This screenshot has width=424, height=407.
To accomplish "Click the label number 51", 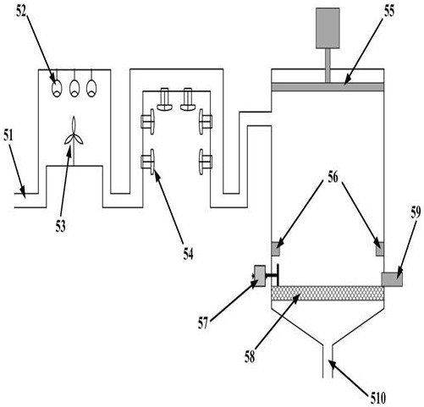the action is [x=8, y=135].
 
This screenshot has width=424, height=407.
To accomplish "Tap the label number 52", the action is [x=21, y=11].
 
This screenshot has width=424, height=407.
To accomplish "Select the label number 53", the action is [x=60, y=226].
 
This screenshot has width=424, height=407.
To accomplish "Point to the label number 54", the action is [x=189, y=254].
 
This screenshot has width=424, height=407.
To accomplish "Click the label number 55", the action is [x=388, y=11].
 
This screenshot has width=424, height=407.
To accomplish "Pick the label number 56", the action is [x=333, y=177].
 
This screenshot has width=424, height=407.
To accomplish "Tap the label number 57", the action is [x=203, y=323].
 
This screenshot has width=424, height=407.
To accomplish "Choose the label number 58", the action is [x=250, y=356].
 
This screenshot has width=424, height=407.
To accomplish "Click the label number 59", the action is [x=416, y=212].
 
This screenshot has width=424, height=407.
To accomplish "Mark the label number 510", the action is [x=378, y=399].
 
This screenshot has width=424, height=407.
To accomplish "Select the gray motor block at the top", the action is [x=328, y=28].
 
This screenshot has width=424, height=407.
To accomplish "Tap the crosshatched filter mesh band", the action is [x=328, y=293].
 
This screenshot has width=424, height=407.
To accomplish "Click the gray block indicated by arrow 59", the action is [x=392, y=279].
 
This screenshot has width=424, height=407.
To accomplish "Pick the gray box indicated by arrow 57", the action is [x=260, y=276].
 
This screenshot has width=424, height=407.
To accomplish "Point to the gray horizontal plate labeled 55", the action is [x=328, y=87].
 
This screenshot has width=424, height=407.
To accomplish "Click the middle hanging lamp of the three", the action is [x=74, y=88].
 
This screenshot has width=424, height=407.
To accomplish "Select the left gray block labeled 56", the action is [x=276, y=249].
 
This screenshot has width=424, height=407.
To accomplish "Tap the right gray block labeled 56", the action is [x=380, y=249].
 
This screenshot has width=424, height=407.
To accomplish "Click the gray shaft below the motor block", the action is [x=328, y=66].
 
